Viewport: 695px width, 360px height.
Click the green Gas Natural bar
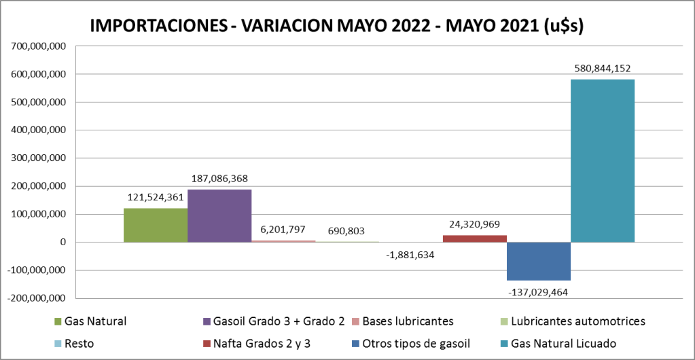pyautogui.click(x=156, y=225)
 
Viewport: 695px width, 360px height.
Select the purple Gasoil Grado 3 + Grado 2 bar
pyautogui.click(x=219, y=215)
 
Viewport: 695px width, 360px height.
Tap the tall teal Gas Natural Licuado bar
pyautogui.click(x=603, y=160)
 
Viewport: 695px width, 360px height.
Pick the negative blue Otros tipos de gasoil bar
pyautogui.click(x=539, y=262)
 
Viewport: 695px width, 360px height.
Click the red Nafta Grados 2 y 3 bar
pyautogui.click(x=475, y=238)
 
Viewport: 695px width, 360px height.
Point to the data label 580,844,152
pyautogui.click(x=602, y=68)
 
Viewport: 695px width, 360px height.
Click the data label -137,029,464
pyautogui.click(x=538, y=292)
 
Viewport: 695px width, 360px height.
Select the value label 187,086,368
pyautogui.click(x=219, y=179)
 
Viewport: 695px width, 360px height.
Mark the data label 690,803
pyautogui.click(x=347, y=231)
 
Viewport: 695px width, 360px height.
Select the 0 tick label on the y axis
pyautogui.click(x=62, y=242)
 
